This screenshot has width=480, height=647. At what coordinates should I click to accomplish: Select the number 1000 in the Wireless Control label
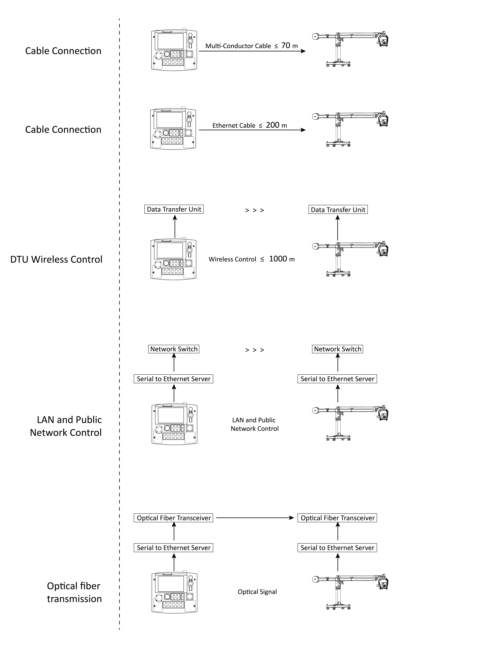[278, 259]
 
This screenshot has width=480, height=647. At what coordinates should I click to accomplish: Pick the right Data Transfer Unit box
[338, 209]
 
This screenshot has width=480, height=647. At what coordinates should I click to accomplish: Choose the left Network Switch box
[174, 349]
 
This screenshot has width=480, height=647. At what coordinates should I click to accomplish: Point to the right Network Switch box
[338, 349]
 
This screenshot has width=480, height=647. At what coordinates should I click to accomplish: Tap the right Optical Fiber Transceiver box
[337, 518]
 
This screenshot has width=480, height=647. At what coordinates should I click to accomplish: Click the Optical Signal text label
[257, 591]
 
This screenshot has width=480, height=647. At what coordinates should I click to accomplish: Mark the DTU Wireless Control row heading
[56, 259]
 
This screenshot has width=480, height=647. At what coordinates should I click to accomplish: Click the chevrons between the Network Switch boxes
[255, 350]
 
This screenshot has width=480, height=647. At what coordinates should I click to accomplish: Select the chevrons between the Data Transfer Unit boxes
[255, 210]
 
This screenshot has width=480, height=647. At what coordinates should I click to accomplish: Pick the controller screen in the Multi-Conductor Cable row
[171, 41]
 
